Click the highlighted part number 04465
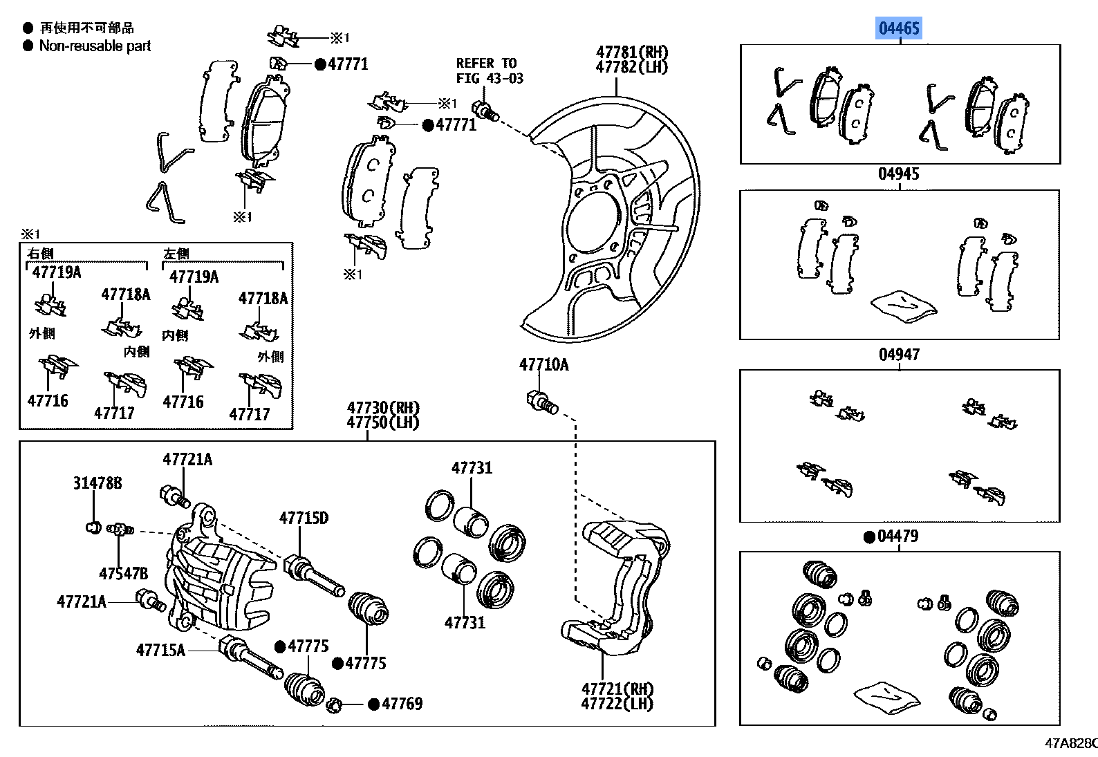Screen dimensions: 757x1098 pyautogui.click(x=899, y=28)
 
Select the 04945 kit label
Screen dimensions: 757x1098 pyautogui.click(x=899, y=174)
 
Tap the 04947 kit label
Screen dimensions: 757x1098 pyautogui.click(x=899, y=355)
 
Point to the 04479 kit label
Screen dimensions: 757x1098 pyautogui.click(x=897, y=536)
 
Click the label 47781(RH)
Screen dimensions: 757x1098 pyautogui.click(x=632, y=53)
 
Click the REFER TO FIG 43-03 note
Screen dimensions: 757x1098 pyautogui.click(x=490, y=71)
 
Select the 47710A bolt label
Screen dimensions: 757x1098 pyautogui.click(x=543, y=365)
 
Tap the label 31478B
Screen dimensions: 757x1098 pyautogui.click(x=97, y=483)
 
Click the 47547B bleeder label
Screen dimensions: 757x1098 pyautogui.click(x=123, y=573)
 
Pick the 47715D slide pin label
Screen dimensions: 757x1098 pyautogui.click(x=304, y=518)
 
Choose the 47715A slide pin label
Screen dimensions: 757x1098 pyautogui.click(x=160, y=650)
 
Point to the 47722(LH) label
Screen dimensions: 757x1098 pyautogui.click(x=617, y=704)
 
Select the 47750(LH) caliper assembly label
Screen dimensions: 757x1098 pyautogui.click(x=383, y=422)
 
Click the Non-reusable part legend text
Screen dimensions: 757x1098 pyautogui.click(x=95, y=46)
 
